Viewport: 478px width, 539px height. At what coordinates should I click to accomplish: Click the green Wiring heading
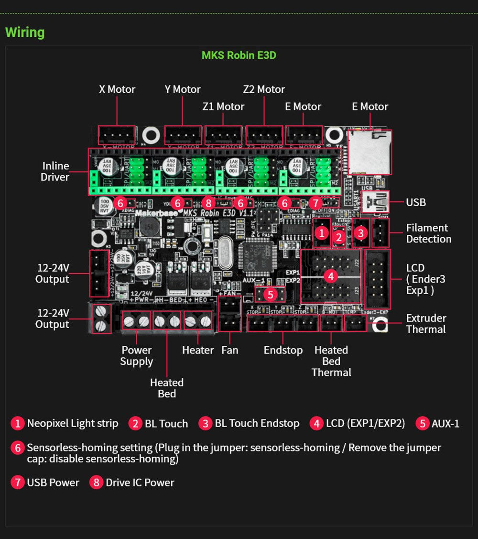(x=25, y=33)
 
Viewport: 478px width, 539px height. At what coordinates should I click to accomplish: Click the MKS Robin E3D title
(x=239, y=55)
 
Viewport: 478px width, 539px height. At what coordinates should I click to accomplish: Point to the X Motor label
(x=117, y=89)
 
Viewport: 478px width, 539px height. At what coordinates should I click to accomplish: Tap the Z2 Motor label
(x=264, y=89)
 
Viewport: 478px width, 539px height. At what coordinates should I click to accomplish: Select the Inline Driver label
(x=55, y=171)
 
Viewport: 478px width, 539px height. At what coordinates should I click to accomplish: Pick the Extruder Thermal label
(x=426, y=323)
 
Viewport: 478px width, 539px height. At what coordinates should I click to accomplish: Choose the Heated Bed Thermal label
(x=331, y=361)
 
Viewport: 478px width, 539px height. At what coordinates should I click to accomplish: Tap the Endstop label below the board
(x=283, y=350)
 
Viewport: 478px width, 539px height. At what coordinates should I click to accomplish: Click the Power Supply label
(x=136, y=356)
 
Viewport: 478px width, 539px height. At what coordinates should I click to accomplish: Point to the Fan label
(x=229, y=350)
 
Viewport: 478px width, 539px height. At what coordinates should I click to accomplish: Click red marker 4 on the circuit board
(x=330, y=276)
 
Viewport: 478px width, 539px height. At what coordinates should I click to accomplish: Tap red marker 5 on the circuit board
(x=271, y=294)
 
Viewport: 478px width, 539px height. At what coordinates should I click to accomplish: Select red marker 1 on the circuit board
(x=322, y=233)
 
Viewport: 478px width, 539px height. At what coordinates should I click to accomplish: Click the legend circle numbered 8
(x=97, y=482)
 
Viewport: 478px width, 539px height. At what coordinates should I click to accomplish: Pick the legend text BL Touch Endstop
(x=257, y=423)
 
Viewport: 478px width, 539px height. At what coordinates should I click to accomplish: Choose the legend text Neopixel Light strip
(x=72, y=423)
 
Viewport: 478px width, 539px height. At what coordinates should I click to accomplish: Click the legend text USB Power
(x=53, y=482)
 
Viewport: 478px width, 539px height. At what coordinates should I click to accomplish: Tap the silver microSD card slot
(x=369, y=152)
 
